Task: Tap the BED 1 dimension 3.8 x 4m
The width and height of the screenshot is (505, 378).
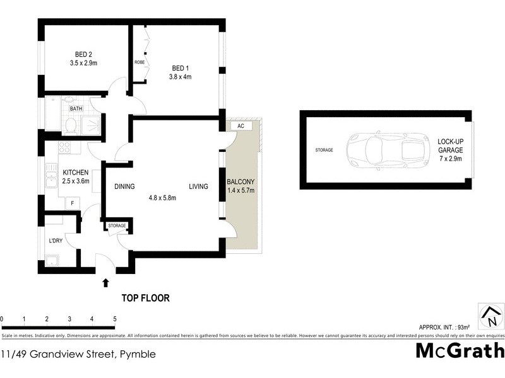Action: (180, 77)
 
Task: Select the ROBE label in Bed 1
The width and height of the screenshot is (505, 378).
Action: (139, 62)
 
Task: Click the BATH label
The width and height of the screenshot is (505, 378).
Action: (76, 108)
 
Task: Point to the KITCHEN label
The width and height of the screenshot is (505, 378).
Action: (76, 173)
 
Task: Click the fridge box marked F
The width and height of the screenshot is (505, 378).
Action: (73, 203)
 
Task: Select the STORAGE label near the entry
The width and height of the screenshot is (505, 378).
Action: (117, 226)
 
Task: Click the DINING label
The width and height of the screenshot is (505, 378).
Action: (126, 186)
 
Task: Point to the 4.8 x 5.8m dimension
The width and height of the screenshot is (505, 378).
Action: (162, 197)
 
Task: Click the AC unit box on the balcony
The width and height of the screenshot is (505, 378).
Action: (241, 126)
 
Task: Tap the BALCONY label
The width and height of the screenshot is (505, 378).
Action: (240, 183)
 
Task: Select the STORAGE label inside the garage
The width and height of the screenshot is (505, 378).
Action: (324, 150)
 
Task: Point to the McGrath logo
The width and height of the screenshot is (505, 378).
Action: (460, 350)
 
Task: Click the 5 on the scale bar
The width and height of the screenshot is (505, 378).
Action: (115, 319)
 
